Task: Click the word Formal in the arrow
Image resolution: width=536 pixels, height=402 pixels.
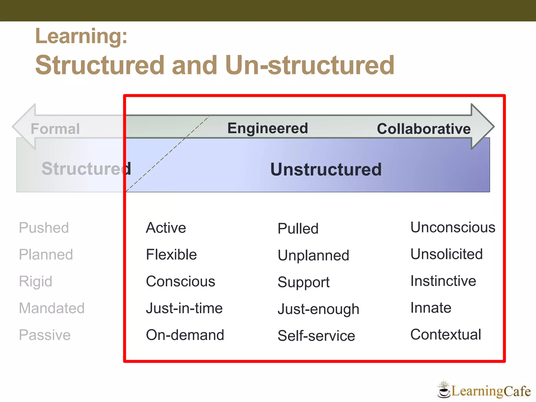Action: click(55, 129)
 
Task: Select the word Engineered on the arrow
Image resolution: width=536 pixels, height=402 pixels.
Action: click(267, 128)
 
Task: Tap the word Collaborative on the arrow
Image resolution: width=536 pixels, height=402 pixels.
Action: click(423, 129)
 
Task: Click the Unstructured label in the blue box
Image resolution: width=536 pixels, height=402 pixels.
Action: click(326, 169)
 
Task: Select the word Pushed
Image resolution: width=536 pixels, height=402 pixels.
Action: click(44, 227)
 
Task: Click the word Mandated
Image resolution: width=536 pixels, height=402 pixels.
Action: click(52, 308)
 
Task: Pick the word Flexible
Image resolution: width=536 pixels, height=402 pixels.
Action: click(171, 254)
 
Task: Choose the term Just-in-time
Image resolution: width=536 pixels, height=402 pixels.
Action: click(184, 308)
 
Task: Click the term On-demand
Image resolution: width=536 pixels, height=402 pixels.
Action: click(185, 335)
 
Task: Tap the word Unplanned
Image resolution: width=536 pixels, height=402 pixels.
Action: click(313, 255)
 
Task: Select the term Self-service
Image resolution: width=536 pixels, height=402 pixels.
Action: click(316, 336)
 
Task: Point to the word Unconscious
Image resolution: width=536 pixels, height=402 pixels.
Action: click(453, 227)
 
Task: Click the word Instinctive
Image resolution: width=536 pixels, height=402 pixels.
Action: click(443, 281)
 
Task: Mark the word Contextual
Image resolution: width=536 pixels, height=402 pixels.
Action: click(445, 334)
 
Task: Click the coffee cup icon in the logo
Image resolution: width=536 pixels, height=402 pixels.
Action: click(443, 392)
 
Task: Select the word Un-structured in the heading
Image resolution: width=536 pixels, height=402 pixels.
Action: click(309, 65)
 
